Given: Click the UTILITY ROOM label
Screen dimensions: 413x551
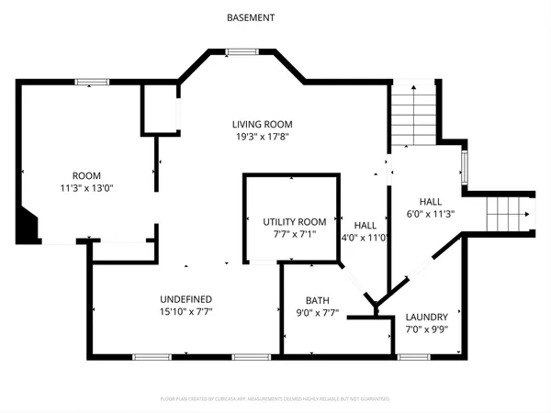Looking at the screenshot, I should coord(294,221).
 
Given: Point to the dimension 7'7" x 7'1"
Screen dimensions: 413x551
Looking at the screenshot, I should coord(294,234).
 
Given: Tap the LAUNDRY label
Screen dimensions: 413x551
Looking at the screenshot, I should coord(426,318).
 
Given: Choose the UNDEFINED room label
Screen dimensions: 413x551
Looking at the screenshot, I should coord(186,299).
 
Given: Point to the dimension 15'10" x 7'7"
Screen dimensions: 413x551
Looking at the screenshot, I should coord(186,312).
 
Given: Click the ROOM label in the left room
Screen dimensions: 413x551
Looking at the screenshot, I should coord(87,175).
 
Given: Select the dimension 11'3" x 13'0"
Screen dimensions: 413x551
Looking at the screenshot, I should coord(87,188).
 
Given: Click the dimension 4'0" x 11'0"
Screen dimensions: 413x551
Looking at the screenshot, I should coord(365,237).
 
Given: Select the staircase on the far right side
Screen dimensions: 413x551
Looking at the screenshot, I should coord(508,214).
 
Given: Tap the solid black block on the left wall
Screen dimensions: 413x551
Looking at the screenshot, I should coord(28,226).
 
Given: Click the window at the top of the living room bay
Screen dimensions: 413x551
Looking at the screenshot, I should coord(242,52).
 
